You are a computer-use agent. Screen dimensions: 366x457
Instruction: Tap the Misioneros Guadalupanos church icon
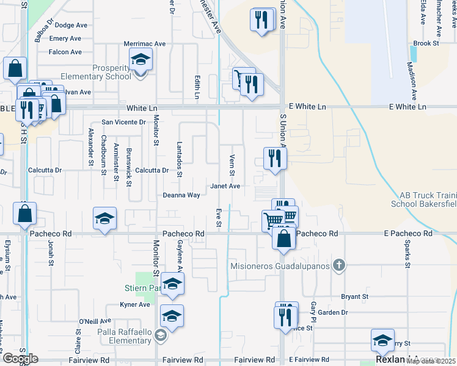(341, 266)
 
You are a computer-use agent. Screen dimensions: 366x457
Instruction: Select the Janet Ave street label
(225, 186)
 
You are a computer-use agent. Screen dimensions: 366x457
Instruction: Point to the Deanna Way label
(181, 195)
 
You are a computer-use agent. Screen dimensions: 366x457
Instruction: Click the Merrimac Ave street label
(145, 44)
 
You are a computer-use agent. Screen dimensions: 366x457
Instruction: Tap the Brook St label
(426, 43)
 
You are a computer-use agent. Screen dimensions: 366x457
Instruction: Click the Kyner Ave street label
(135, 304)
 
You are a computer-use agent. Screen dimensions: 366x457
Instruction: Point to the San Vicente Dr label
(124, 122)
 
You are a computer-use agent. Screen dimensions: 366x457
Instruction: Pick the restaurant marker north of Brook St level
(262, 20)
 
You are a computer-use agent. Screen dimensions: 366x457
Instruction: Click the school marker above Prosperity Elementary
(141, 60)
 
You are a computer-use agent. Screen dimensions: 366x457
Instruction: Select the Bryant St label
(355, 297)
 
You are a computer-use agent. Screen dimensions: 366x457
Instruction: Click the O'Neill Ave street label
(95, 320)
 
